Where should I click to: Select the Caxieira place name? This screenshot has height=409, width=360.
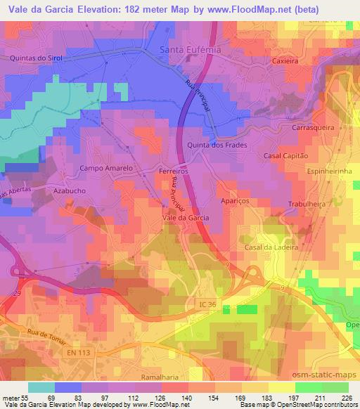tap(285, 61)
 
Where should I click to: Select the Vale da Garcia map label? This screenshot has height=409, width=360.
tap(186, 218)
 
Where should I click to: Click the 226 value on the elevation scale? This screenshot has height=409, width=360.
tap(345, 398)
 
